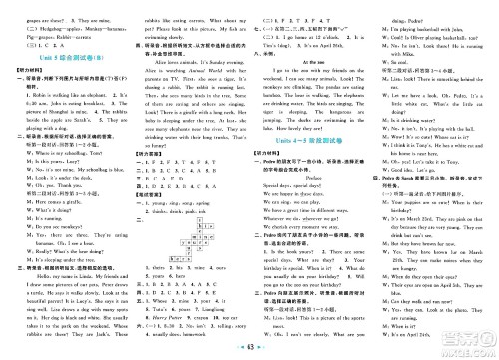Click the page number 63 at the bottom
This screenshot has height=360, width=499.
(249, 348)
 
